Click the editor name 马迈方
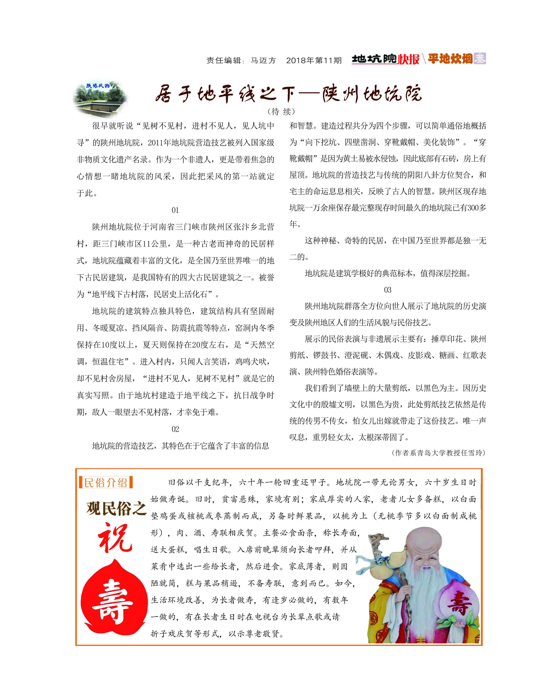[x=263, y=60]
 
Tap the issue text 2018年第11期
[x=314, y=60]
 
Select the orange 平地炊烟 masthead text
[x=450, y=59]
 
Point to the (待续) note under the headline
[x=282, y=111]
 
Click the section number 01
[x=175, y=210]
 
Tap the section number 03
[x=388, y=290]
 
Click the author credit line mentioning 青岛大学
[x=438, y=453]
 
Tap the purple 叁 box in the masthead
[x=480, y=58]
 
